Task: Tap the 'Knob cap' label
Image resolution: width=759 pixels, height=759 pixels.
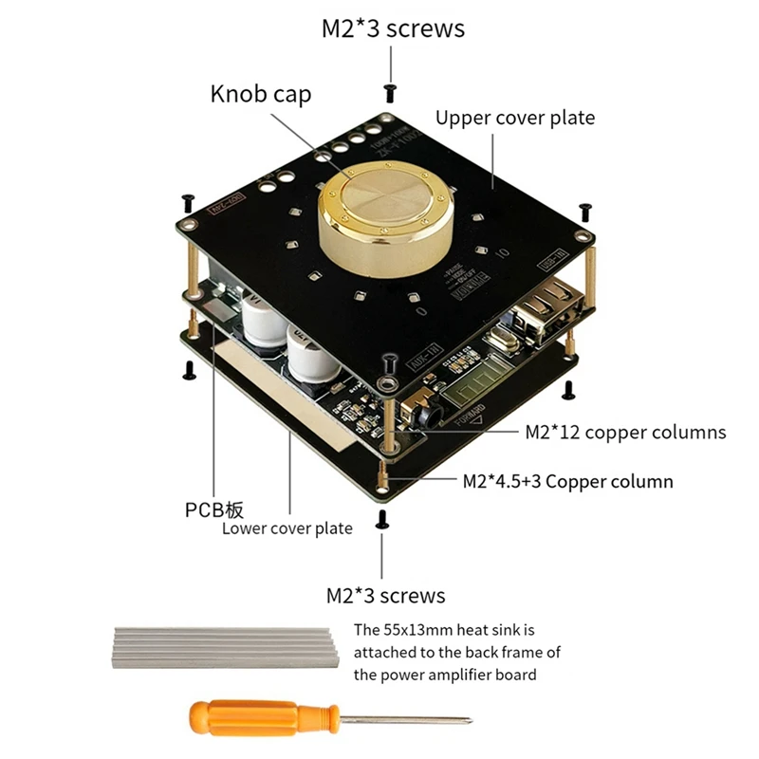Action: [260, 94]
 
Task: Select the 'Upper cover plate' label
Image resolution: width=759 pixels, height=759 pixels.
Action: [514, 118]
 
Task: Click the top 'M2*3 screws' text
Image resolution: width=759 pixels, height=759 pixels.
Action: [393, 28]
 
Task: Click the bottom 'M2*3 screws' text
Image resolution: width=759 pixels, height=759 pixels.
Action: [385, 596]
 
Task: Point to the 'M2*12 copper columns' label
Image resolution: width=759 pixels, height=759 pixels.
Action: [625, 433]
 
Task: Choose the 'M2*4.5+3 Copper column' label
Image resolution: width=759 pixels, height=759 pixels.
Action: [567, 481]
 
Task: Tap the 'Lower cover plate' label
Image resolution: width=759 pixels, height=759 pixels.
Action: [287, 528]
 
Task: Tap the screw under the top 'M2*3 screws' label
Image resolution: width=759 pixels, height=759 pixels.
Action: [390, 90]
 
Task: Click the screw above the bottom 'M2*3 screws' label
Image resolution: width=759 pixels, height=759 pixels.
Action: [383, 517]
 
